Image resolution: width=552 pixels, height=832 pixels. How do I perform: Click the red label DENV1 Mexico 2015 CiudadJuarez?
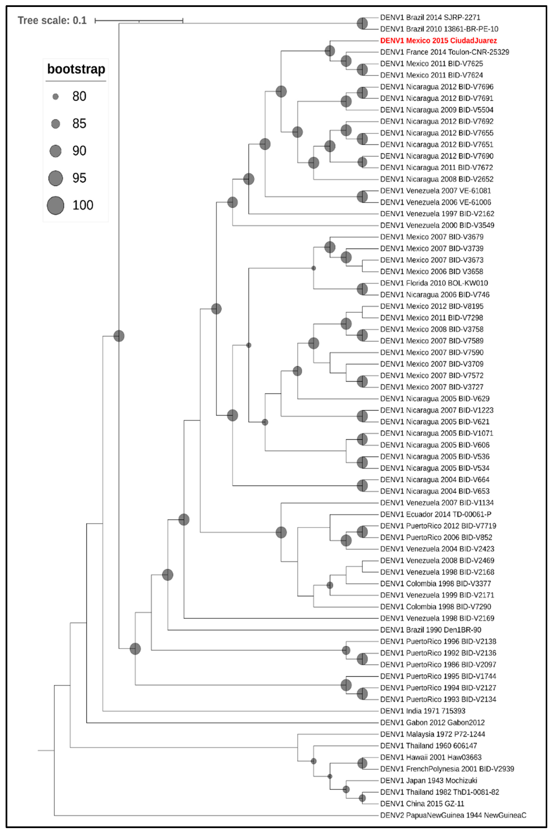click(438, 40)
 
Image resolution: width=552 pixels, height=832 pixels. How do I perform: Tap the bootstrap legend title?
click(76, 69)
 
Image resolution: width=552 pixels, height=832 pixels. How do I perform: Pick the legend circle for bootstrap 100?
click(56, 205)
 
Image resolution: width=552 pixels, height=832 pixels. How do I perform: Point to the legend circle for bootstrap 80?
click(56, 96)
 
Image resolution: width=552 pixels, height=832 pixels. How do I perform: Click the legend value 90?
click(79, 151)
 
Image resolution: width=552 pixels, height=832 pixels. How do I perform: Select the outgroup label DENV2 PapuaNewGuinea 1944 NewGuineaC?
click(453, 815)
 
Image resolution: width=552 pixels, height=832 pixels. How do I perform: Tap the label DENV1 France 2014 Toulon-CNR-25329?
click(444, 52)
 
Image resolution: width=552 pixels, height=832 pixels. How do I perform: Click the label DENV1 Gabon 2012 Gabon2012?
click(432, 723)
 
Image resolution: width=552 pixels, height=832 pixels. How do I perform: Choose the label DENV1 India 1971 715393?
click(422, 711)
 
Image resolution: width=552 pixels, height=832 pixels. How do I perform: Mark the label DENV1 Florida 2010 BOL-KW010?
click(434, 283)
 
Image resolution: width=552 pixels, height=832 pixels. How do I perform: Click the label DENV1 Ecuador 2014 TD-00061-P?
click(436, 514)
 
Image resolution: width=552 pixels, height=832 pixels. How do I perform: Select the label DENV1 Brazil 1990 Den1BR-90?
click(431, 630)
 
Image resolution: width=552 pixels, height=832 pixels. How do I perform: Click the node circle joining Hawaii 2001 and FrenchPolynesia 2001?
click(362, 763)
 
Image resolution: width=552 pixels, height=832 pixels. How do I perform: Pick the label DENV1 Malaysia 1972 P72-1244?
click(432, 734)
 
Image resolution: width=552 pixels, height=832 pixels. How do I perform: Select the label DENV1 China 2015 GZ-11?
click(422, 804)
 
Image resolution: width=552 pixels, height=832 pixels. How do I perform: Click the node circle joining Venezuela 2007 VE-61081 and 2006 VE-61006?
click(362, 197)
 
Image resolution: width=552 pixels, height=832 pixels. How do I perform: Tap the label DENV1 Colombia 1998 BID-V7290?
click(436, 607)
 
